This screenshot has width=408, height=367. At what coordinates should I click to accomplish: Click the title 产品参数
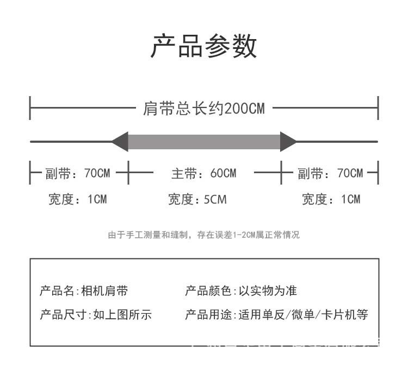tap(203, 47)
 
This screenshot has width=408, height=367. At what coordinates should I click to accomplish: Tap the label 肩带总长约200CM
tap(203, 109)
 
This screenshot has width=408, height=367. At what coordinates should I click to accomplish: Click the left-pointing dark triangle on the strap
tap(120, 142)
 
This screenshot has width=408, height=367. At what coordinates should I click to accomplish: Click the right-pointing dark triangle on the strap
tap(288, 142)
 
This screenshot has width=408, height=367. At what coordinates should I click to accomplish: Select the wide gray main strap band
tap(204, 142)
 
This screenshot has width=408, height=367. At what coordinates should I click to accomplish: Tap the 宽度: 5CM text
tap(197, 199)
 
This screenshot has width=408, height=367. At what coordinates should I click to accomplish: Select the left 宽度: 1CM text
tap(77, 199)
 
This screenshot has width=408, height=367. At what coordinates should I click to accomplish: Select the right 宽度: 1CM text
tap(331, 199)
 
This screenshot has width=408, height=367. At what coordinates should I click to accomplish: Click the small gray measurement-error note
tap(203, 235)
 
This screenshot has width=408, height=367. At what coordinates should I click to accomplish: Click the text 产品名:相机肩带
tap(84, 291)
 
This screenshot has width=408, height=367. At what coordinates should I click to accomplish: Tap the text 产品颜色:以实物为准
tap(241, 291)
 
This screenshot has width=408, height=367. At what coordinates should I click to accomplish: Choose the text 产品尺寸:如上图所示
tap(96, 315)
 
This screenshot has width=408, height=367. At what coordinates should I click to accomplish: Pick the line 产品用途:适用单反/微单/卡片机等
tap(277, 315)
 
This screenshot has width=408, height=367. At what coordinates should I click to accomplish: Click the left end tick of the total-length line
tap(30, 108)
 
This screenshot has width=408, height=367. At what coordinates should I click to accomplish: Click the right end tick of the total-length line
tap(378, 108)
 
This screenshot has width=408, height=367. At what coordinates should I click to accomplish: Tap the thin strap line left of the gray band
tap(71, 142)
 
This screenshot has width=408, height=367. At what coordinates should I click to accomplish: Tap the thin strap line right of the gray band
tap(337, 142)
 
